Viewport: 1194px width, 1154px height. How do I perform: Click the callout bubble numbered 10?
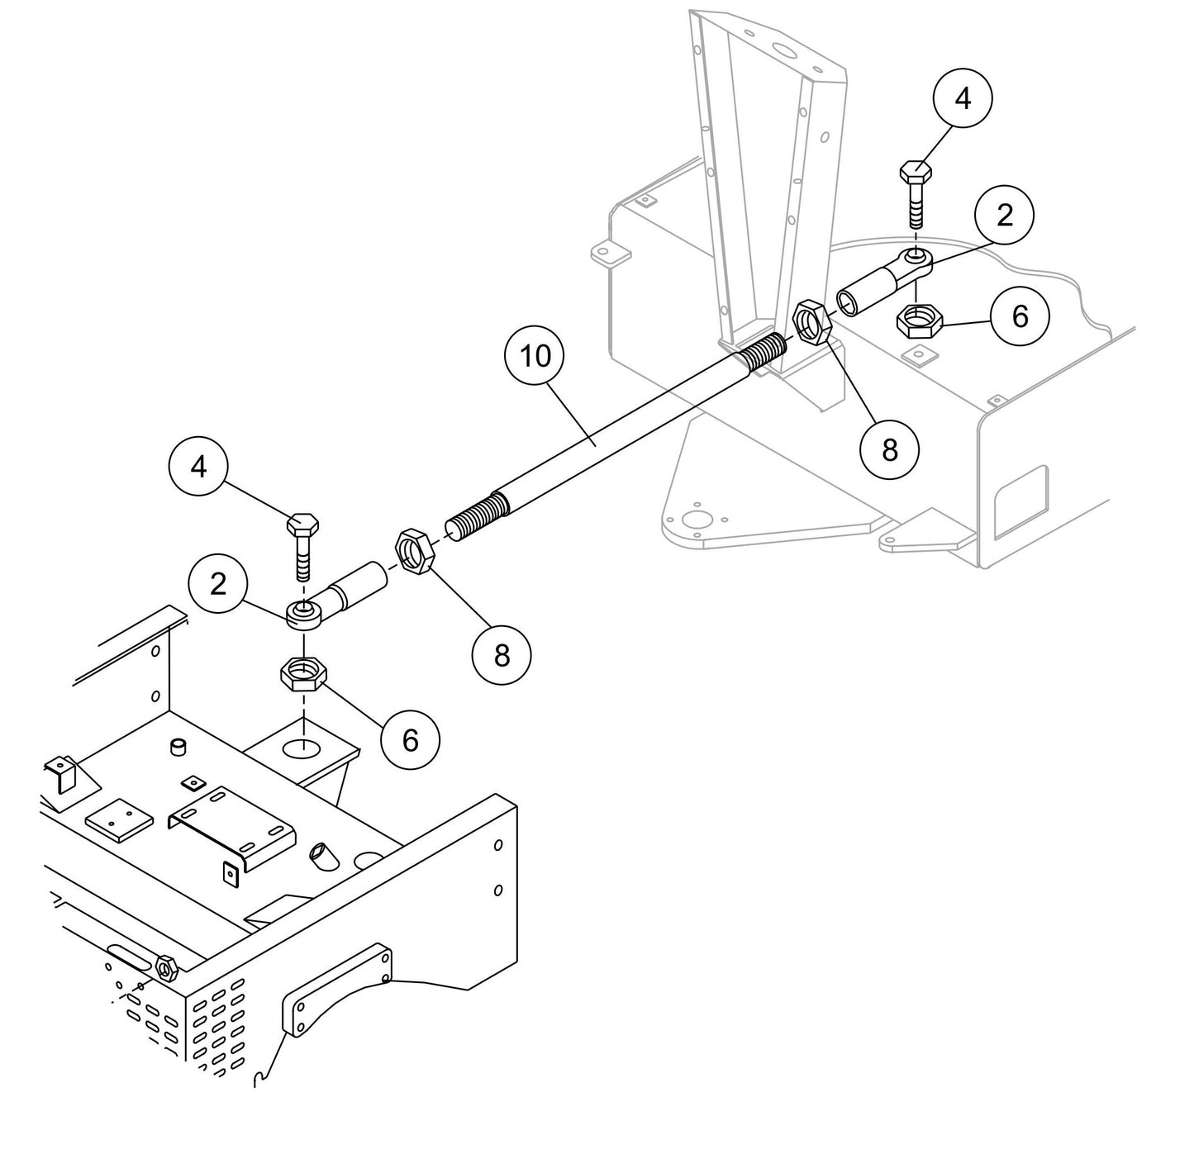click(535, 356)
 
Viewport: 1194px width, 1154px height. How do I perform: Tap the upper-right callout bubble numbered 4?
click(963, 97)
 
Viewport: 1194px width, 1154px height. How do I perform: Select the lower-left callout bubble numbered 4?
click(199, 468)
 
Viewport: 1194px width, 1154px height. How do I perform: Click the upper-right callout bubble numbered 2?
click(1004, 216)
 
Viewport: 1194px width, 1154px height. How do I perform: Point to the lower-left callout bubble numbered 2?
click(218, 585)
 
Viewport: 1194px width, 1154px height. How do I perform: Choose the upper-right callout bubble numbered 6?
click(1020, 316)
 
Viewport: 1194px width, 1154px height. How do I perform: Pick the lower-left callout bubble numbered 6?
click(410, 741)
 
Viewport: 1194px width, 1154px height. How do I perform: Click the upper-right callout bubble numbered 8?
click(890, 450)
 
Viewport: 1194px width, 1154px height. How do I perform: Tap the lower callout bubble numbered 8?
click(502, 656)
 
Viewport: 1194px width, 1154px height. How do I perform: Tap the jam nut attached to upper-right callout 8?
click(811, 322)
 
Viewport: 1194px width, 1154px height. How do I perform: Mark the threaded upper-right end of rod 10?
click(758, 354)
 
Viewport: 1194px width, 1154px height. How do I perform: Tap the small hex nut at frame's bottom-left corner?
click(165, 966)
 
